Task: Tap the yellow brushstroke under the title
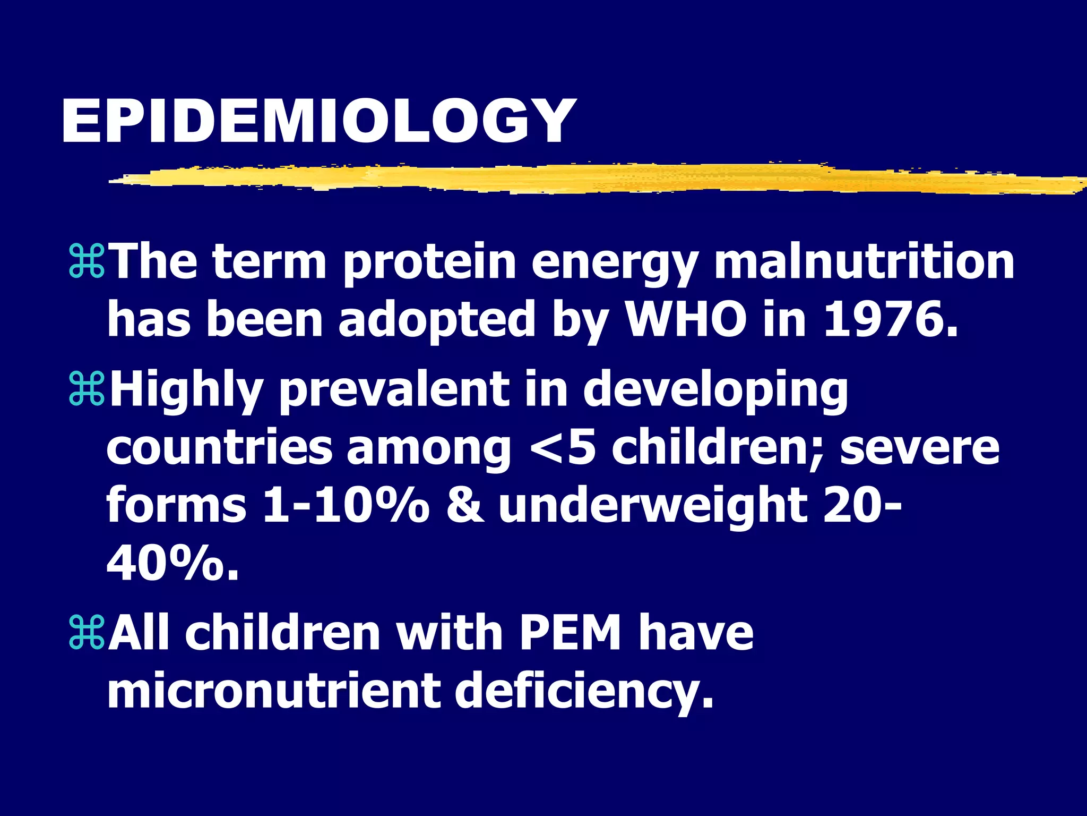pos(584,177)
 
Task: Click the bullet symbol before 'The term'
pos(87,262)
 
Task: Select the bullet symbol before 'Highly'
pos(87,390)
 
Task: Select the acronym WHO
pos(686,320)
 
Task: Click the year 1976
pos(891,320)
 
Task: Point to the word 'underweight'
pos(653,507)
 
